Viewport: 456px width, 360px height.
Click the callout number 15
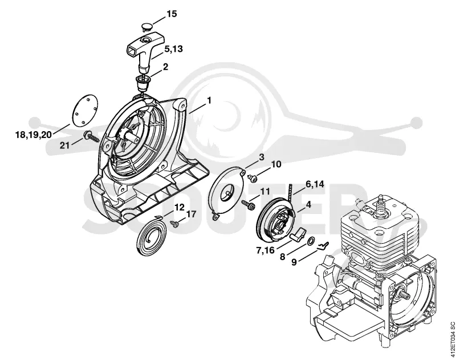coord(172,13)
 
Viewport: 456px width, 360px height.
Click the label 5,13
coord(173,48)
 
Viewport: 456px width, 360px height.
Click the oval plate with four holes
coord(85,110)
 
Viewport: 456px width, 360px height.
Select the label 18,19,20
coord(34,135)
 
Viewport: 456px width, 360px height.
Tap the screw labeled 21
coord(91,136)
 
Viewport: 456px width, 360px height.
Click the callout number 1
coord(209,100)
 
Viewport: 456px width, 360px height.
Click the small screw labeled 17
coord(174,224)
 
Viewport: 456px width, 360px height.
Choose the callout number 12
coord(179,208)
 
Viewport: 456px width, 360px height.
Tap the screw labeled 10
coord(253,177)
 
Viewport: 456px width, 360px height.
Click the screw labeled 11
coord(249,204)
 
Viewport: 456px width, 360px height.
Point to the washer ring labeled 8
coord(311,241)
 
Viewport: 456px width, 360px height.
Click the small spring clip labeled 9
coord(322,246)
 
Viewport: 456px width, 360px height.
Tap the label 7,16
coord(265,250)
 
